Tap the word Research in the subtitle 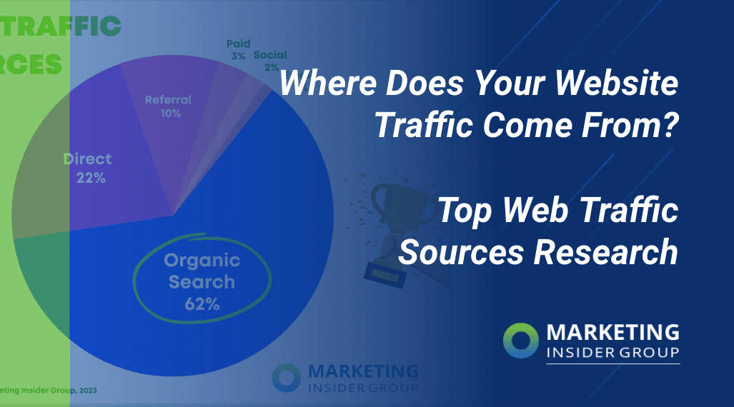[x=609, y=251]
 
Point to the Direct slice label [x=87, y=159]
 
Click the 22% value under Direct [x=91, y=178]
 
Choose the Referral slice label [x=168, y=100]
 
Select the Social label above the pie [x=270, y=55]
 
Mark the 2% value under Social [x=271, y=67]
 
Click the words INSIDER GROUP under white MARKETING [x=613, y=352]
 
